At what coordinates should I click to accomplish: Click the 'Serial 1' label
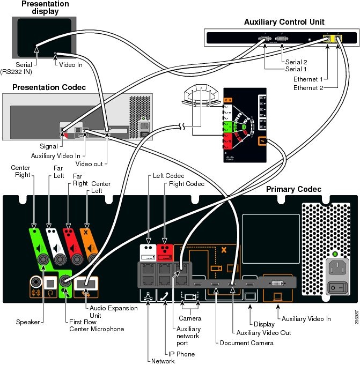pos(296,69)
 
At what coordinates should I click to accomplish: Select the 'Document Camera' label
pos(246,342)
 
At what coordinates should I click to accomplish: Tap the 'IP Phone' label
pos(182,354)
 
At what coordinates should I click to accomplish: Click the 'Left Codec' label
pos(168,175)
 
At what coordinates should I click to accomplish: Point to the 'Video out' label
pos(89,163)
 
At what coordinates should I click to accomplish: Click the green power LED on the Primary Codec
pos(336,254)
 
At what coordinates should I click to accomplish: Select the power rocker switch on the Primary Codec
pos(336,288)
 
